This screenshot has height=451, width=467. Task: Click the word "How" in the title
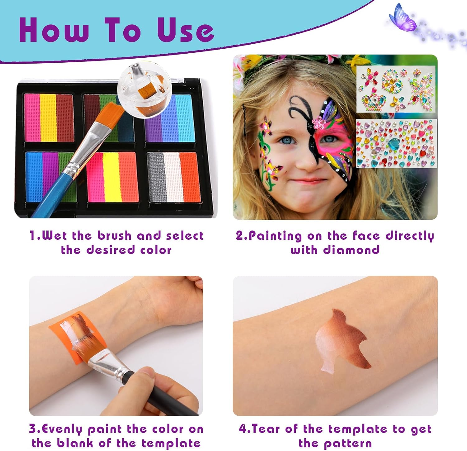point(54,30)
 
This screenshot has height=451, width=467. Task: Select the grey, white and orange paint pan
point(174,177)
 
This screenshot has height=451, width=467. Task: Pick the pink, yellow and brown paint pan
point(49,118)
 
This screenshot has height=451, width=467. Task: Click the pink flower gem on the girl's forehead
point(318,122)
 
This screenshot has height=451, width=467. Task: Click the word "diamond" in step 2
point(351,250)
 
